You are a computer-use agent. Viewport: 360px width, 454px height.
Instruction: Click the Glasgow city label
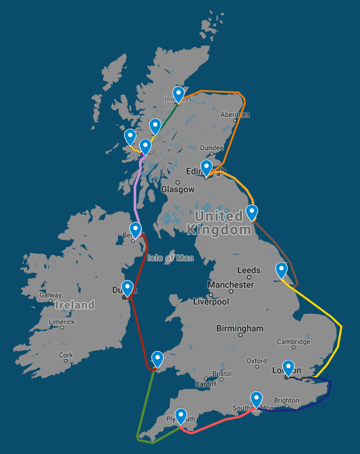[x=178, y=189]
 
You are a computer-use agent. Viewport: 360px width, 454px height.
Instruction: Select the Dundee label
[x=211, y=148]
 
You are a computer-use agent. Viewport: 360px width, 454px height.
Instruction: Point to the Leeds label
[x=249, y=270]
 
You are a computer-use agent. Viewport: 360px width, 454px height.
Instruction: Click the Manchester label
[x=231, y=285]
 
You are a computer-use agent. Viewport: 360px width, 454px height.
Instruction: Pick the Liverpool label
[x=211, y=302]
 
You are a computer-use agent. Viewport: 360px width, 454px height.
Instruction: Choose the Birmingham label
[x=240, y=328]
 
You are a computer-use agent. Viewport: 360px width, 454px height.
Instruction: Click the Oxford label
[x=256, y=361]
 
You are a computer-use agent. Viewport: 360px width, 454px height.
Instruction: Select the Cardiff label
[x=205, y=384]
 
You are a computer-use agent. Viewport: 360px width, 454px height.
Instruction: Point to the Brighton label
[x=286, y=400]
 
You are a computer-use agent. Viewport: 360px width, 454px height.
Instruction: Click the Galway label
[x=51, y=295]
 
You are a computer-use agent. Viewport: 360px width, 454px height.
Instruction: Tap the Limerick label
[x=62, y=322]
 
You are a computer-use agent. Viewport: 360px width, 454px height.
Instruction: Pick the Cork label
[x=66, y=354]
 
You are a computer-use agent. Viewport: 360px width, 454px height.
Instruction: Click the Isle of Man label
[x=170, y=258]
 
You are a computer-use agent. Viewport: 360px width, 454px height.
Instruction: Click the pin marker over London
[x=288, y=367]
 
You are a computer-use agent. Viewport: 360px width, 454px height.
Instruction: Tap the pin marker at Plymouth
[x=181, y=415]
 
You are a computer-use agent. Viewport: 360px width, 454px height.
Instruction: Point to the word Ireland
[x=74, y=305]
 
